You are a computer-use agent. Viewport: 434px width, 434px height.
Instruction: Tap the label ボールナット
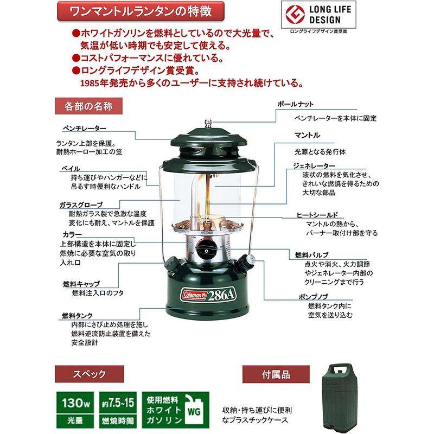[295, 104]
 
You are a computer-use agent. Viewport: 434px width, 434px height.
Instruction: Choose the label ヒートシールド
[317, 215]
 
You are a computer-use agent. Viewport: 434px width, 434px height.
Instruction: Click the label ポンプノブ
[312, 297]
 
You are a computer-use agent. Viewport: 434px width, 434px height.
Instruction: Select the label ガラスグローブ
[80, 205]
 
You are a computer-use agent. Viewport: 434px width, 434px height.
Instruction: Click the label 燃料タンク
[77, 315]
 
